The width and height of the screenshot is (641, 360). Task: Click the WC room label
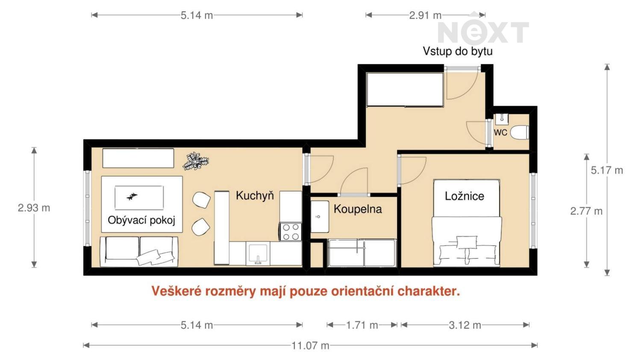[500, 132]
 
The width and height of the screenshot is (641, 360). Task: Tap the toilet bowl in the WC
[519, 132]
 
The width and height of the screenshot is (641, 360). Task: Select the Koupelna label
[358, 209]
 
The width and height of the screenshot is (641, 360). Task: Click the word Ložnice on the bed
[465, 196]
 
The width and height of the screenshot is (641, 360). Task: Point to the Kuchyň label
[255, 196]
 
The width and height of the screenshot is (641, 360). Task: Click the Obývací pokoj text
[141, 220]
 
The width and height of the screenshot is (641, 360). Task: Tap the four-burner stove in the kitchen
[291, 231]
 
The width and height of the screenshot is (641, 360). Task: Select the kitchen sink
[258, 253]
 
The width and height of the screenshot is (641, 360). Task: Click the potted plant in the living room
[196, 161]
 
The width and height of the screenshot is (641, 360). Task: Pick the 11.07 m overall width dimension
[310, 346]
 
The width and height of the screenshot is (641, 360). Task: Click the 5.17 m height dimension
[607, 170]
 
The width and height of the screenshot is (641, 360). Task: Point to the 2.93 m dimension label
[34, 208]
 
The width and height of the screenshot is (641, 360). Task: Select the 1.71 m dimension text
[362, 325]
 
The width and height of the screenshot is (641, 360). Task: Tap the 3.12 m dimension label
[465, 325]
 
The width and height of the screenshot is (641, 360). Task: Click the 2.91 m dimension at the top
[425, 15]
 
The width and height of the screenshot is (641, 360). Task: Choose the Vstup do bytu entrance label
[458, 52]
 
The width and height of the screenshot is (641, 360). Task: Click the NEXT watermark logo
[483, 32]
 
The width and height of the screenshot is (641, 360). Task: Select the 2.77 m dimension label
[586, 211]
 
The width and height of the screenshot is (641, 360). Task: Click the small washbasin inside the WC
[502, 119]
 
